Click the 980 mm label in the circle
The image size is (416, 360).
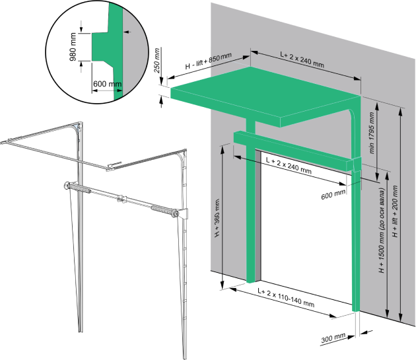tap(73, 47)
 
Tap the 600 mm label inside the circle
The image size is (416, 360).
tap(107, 84)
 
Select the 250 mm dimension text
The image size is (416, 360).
tap(156, 61)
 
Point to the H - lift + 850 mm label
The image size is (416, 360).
tap(208, 61)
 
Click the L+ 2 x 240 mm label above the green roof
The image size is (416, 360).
tap(302, 59)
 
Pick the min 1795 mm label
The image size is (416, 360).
tap(371, 133)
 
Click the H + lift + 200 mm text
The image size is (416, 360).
tap(396, 211)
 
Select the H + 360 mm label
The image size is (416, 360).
tap(217, 218)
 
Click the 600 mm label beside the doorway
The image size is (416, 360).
tap(333, 195)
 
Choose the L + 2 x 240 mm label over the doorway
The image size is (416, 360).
tap(289, 165)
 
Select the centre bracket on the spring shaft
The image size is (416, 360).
tap(121, 199)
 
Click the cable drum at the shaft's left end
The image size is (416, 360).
tap(67, 186)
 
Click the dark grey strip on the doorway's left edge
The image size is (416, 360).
tap(258, 215)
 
